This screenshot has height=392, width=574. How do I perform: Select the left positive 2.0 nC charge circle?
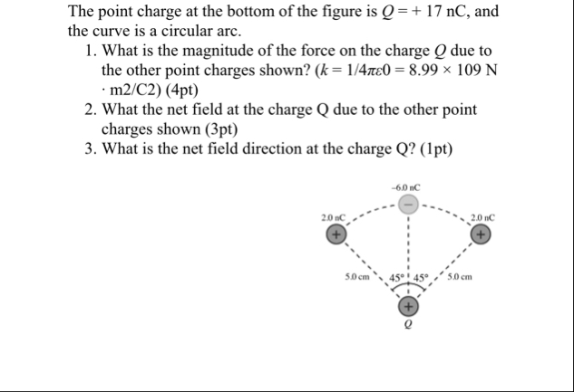point(336,235)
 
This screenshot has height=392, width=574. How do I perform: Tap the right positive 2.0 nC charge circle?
point(482,235)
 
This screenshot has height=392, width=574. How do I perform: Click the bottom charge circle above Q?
point(409,305)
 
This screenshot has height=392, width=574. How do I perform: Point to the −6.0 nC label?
point(408,188)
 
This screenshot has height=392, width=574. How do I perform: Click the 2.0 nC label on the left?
point(332,218)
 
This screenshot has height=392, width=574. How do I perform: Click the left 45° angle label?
point(397,276)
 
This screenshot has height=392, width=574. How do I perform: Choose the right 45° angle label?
point(423,276)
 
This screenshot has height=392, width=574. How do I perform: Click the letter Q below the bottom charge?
point(409,323)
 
